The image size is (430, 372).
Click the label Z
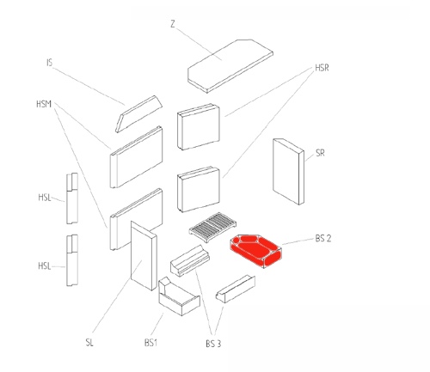[x=172, y=24]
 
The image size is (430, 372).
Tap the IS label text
[x=50, y=63]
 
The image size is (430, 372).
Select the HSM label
[x=44, y=104]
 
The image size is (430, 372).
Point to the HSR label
[x=322, y=68]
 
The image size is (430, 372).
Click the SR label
[x=320, y=153]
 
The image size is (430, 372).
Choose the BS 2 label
[x=323, y=238]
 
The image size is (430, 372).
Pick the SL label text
[x=89, y=342]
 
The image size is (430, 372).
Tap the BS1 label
[x=150, y=343]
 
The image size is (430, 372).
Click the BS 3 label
[x=213, y=344]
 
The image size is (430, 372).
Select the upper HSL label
[x=45, y=198]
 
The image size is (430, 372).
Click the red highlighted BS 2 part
[x=255, y=251]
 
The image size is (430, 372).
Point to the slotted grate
[x=212, y=227]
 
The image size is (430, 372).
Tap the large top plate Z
[x=230, y=66]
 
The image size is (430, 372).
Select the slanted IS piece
[x=138, y=114]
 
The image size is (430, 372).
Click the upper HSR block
[x=199, y=126]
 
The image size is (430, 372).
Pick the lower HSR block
[x=199, y=189]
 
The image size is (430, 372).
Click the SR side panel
[x=288, y=172]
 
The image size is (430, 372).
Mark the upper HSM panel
[x=137, y=157]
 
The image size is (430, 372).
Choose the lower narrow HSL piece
[x=72, y=260]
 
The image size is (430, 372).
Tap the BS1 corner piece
[x=179, y=296]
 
